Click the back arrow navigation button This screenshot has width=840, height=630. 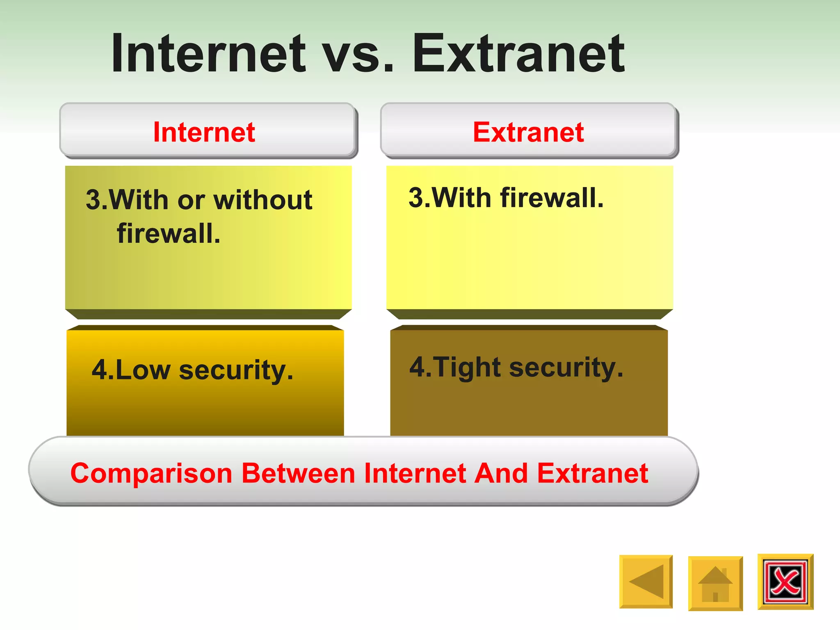pyautogui.click(x=646, y=582)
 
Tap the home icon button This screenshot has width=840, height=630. pyautogui.click(x=715, y=583)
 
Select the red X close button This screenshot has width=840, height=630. pyautogui.click(x=785, y=582)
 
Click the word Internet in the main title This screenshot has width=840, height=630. pyautogui.click(x=208, y=53)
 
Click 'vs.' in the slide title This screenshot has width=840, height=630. pyautogui.click(x=358, y=55)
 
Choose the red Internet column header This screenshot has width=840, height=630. pyautogui.click(x=204, y=132)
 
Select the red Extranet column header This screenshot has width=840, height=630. pyautogui.click(x=528, y=132)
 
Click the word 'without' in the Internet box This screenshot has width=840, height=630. pyautogui.click(x=263, y=200)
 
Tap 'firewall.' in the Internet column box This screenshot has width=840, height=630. pyautogui.click(x=169, y=233)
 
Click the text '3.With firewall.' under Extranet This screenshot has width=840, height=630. pyautogui.click(x=506, y=198)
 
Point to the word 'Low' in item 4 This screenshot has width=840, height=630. pyautogui.click(x=142, y=370)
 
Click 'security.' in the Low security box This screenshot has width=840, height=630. pyautogui.click(x=236, y=370)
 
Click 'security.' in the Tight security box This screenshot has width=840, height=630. pyautogui.click(x=566, y=367)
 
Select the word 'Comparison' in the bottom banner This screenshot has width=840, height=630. pyautogui.click(x=151, y=473)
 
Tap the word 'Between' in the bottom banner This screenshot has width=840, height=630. pyautogui.click(x=298, y=473)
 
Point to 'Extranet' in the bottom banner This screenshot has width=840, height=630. pyautogui.click(x=593, y=473)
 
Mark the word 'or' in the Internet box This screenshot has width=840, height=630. pyautogui.click(x=191, y=201)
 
